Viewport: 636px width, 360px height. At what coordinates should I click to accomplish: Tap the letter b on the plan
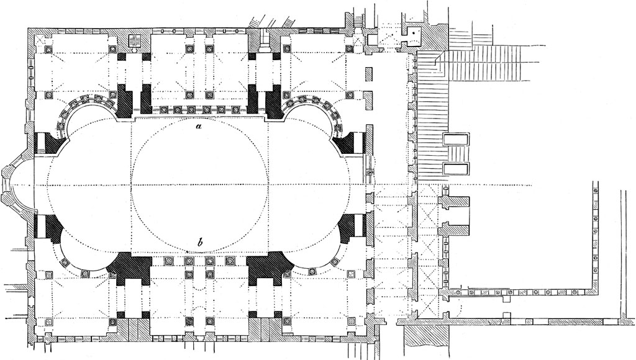click(x=198, y=243)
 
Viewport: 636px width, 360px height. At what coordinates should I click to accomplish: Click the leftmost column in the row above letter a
click(x=163, y=110)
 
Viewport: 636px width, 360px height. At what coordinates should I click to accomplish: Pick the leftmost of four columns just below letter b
click(x=168, y=261)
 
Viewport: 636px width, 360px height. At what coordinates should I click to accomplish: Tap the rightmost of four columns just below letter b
click(x=230, y=261)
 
